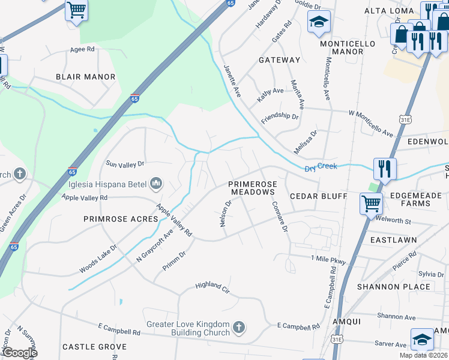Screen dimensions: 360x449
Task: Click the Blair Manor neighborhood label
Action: point(85,77)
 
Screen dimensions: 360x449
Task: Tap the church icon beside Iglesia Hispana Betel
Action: point(156,183)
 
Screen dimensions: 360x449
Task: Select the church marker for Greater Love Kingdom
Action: point(239,328)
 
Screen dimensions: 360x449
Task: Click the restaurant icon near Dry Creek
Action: point(385,169)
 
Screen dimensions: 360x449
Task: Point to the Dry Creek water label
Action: point(321,167)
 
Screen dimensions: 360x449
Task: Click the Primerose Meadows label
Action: point(252,188)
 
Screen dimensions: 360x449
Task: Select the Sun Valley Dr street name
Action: point(125,163)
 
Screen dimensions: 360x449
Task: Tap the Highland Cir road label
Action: point(212,287)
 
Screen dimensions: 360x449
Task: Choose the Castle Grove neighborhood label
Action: point(94,347)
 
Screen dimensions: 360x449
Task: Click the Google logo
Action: point(19,353)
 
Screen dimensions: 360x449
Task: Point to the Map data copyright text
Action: point(423,355)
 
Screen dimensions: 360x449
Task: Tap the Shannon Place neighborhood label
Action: point(393,287)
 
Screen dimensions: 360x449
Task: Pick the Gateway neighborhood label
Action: point(279,60)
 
